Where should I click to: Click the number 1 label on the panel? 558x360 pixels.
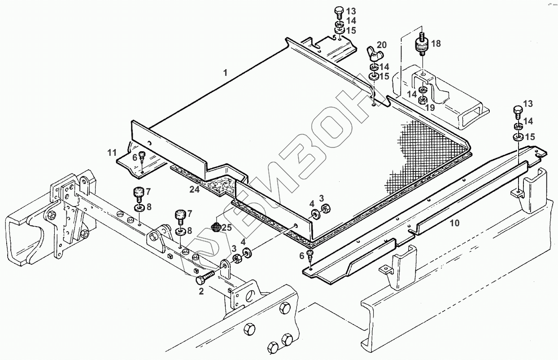pos(226,72)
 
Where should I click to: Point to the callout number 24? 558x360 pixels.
pos(194,190)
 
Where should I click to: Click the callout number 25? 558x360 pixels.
pos(227,228)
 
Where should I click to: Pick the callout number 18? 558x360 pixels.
pos(436,44)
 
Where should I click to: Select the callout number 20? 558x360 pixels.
pos(381,44)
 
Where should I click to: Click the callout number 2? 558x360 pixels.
pos(201,291)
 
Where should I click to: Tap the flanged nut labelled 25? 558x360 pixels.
pos(216,227)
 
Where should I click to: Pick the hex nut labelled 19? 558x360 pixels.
pos(423,100)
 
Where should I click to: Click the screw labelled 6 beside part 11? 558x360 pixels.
pos(142,156)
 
